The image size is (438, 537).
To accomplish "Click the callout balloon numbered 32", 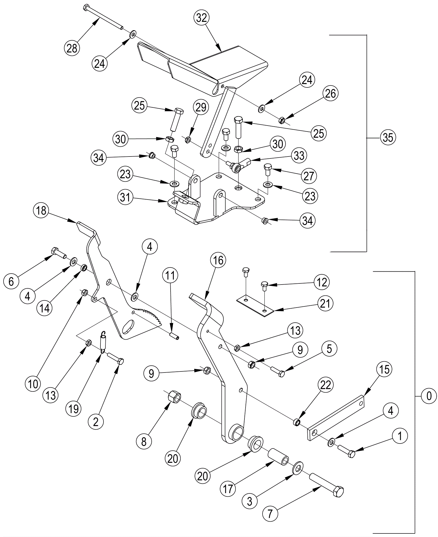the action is (201, 18).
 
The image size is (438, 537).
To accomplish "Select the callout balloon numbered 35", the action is (388, 137).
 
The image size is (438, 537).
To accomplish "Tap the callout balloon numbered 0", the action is (429, 396).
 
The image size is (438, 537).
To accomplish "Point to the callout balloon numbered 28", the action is (72, 49).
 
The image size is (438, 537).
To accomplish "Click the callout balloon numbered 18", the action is (41, 211).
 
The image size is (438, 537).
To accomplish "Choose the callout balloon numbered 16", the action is (218, 260).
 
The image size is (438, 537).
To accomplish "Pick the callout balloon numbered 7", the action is (270, 514).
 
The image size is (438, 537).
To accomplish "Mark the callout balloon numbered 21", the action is (325, 303).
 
